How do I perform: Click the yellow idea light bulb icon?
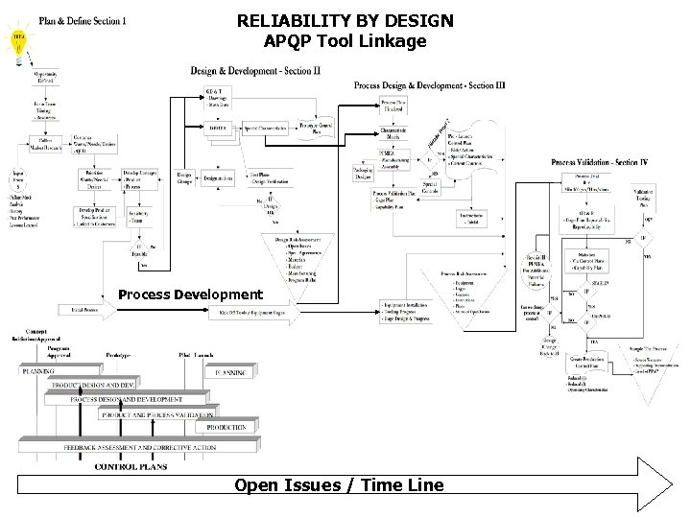coord(18,39)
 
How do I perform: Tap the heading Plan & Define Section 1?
coord(82,20)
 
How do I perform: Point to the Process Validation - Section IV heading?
coord(600,163)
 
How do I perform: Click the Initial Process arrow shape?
coord(86,311)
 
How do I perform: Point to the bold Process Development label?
coord(189,294)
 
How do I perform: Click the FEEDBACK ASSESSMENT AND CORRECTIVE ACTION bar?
coord(139,447)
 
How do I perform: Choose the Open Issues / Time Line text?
coord(339,485)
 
